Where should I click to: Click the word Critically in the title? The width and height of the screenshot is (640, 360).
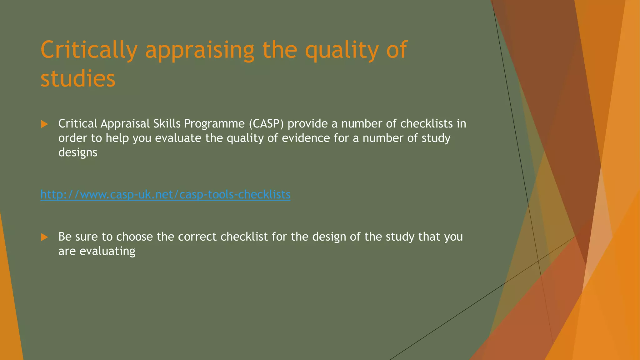coord(89,50)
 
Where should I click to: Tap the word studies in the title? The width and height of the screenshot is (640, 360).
coord(78,78)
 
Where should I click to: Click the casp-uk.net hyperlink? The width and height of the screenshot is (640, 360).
coord(165,195)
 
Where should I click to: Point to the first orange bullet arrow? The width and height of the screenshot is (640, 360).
coord(44,124)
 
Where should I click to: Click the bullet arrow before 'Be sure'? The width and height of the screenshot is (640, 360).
coord(44,237)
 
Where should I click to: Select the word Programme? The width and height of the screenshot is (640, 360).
coord(214,124)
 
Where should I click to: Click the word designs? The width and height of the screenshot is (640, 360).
coord(78,153)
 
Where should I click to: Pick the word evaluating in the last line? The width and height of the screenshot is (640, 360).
coord(107,251)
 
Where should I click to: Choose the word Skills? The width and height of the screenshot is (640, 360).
coord(167,124)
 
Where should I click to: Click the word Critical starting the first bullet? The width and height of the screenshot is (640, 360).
coord(78,124)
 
